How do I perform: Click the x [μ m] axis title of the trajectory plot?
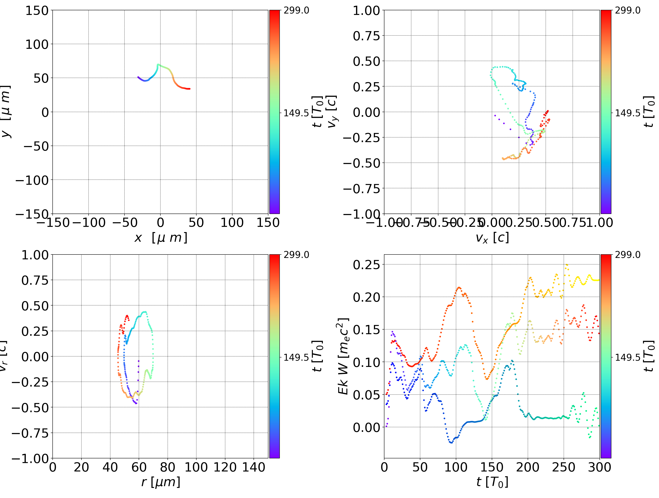tap(161, 238)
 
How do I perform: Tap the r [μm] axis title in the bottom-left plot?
tap(161, 482)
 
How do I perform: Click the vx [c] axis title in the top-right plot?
tap(492, 238)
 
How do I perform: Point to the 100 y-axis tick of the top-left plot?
tap(37, 44)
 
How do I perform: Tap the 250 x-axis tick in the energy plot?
tap(563, 467)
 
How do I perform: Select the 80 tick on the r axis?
tap(167, 467)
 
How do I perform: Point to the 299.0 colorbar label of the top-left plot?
tap(296, 11)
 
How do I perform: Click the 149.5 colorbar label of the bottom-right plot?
tap(627, 357)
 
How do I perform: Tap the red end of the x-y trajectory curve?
tap(189, 89)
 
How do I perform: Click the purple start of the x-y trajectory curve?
tap(138, 77)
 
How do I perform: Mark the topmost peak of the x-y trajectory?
tap(158, 64)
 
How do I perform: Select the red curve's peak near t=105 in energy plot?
tap(459, 288)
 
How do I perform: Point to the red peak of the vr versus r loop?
tap(127, 316)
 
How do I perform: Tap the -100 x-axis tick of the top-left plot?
tap(89, 223)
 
